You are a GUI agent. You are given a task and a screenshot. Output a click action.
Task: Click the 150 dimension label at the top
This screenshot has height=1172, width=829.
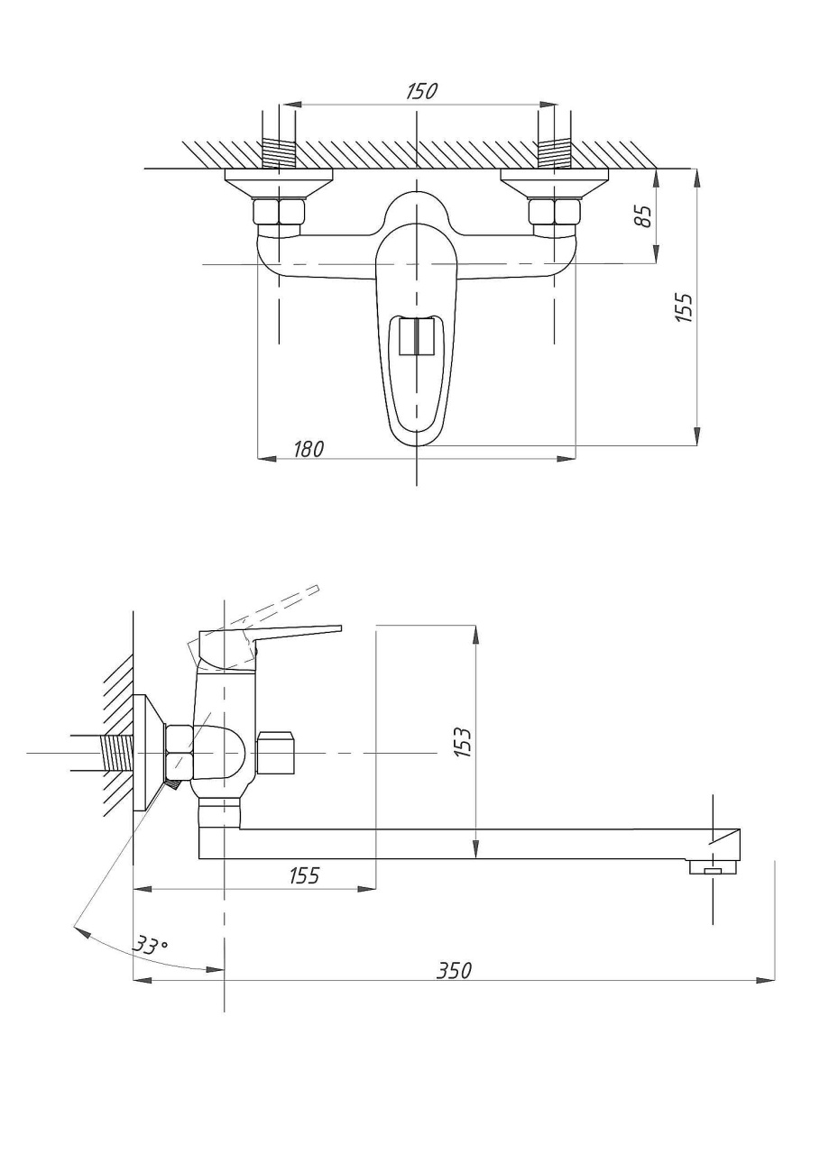(421, 92)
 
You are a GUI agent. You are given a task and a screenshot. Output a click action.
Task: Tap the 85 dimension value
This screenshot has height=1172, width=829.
(643, 215)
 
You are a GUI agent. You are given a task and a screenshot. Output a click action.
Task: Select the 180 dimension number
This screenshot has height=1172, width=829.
(309, 448)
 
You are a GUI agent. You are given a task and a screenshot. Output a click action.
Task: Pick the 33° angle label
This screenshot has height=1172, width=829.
(151, 946)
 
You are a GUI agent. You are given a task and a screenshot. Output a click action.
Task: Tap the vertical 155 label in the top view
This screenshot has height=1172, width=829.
(684, 307)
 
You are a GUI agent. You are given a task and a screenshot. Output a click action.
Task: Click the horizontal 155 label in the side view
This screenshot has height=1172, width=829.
(304, 874)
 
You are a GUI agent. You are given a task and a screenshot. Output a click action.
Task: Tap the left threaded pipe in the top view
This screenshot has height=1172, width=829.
(279, 152)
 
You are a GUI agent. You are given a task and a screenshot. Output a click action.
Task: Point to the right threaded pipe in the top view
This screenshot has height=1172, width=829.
(555, 152)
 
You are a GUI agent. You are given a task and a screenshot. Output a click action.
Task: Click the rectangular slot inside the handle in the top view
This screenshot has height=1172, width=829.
(416, 335)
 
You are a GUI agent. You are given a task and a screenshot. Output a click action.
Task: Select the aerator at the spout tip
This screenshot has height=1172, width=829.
(713, 867)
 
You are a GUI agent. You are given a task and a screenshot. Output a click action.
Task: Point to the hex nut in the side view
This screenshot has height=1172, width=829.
(179, 754)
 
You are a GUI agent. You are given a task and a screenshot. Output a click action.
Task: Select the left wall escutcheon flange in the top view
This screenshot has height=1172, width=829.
(279, 183)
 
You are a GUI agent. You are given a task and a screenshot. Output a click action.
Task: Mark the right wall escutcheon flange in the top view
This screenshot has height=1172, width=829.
(555, 183)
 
